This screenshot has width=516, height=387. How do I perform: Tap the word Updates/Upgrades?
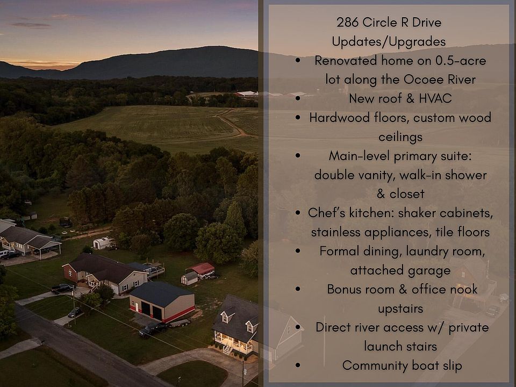[389, 42]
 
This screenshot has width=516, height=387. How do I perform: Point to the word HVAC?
[435, 98]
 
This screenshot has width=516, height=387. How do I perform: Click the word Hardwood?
[339, 118]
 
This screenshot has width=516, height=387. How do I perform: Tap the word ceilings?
[400, 137]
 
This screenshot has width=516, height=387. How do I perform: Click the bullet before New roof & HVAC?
[298, 98]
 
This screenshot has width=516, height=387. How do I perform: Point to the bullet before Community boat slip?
[298, 365]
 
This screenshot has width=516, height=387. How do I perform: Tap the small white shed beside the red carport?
[190, 278]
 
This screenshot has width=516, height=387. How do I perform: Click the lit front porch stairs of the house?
[228, 348]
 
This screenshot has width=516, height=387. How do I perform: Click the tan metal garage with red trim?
[162, 302]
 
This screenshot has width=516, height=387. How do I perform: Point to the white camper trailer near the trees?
[103, 243]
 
